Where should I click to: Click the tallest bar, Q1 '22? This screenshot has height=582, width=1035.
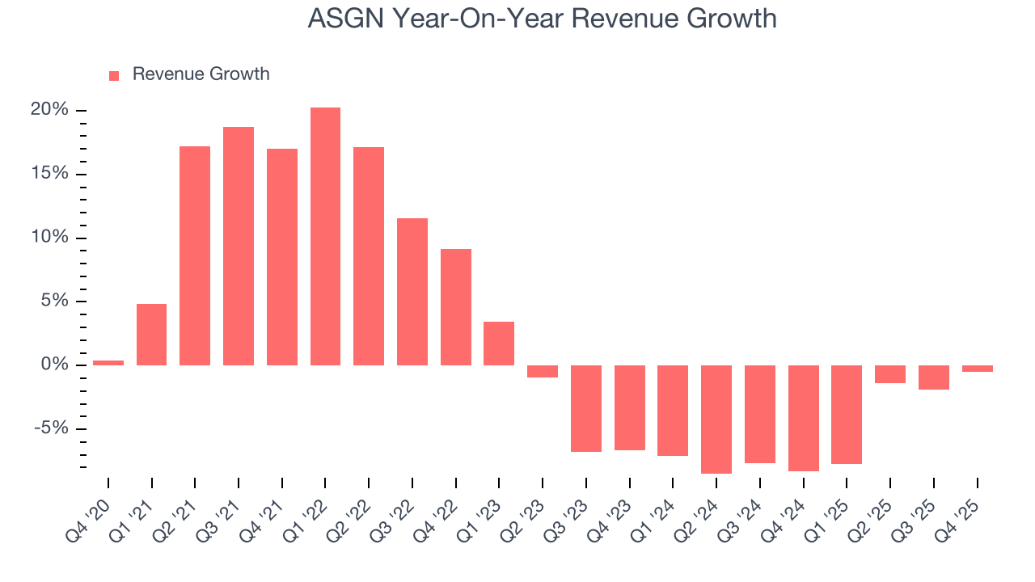point(325,236)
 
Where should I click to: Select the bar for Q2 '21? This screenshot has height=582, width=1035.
point(195,255)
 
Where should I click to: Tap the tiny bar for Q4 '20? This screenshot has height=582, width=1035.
point(108,363)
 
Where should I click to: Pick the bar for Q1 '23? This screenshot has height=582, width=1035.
point(499,344)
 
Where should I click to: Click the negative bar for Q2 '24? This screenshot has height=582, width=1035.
point(716,419)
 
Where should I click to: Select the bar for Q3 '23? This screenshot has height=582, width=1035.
point(586,408)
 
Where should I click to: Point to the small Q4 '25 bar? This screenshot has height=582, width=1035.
point(977,369)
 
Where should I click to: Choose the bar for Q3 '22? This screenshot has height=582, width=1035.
point(412,292)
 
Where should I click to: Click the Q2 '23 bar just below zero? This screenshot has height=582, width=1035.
point(543,371)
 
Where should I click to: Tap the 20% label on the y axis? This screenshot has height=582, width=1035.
point(49,110)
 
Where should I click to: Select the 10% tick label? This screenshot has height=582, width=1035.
point(49,238)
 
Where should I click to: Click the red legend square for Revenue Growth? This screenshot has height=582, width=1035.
point(114,75)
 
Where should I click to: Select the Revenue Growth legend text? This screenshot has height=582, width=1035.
point(201,74)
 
